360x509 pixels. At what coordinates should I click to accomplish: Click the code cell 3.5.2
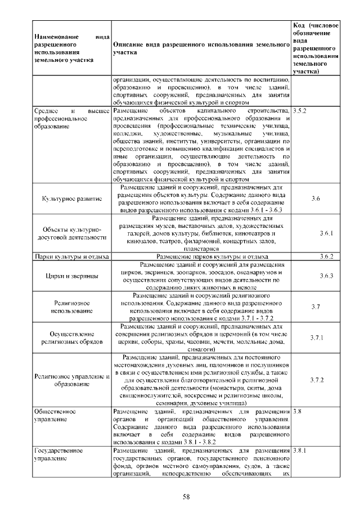[300, 112]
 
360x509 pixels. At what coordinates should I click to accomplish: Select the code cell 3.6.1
[326, 233]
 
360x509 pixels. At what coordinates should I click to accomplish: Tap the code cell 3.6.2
[326, 256]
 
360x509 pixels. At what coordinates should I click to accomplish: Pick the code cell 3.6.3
[326, 276]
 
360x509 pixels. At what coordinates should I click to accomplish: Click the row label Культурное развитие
[72, 199]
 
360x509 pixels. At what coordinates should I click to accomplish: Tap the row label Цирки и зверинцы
[72, 276]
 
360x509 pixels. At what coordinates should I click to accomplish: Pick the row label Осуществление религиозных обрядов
[72, 337]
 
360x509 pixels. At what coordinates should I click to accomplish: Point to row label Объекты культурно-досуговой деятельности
[72, 233]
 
